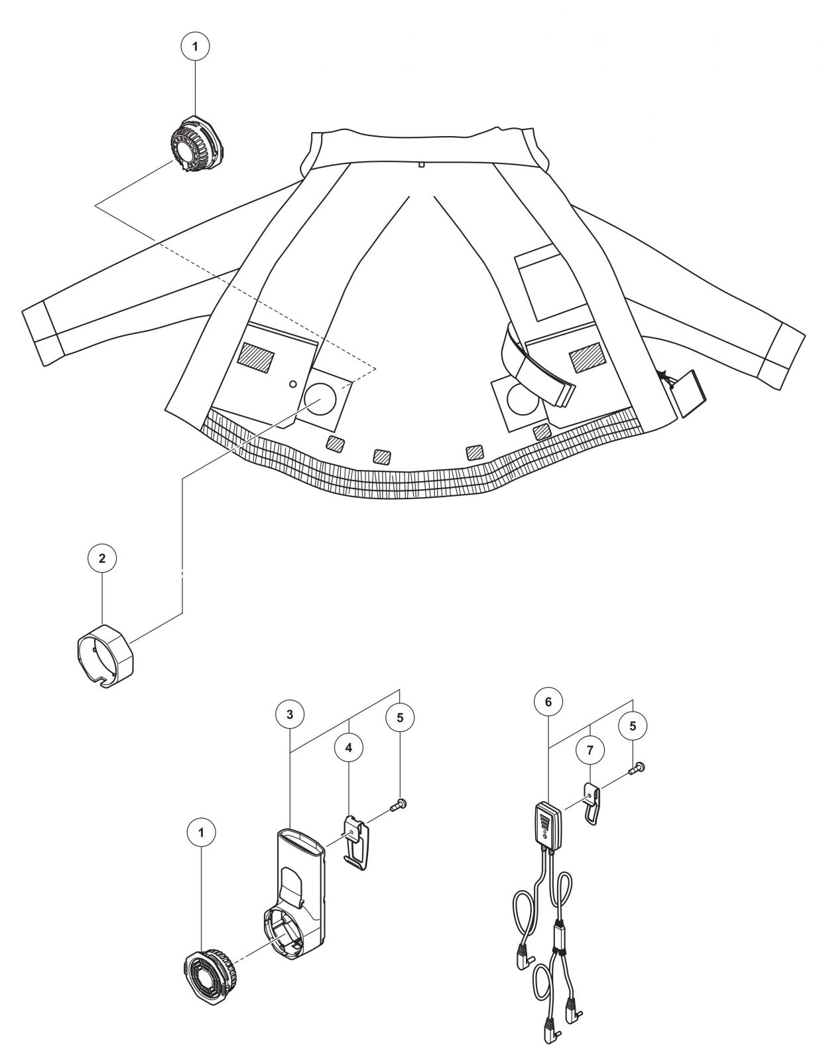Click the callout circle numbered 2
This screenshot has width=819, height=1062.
pos(102,559)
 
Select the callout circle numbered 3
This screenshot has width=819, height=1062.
pos(290,714)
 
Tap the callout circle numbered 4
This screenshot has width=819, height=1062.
pos(349,747)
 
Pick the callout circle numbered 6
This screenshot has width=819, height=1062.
pos(548,702)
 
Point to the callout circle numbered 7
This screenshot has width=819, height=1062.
pos(590,749)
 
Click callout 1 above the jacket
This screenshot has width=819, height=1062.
pos(195,47)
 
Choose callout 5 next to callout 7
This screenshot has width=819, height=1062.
pos(633,726)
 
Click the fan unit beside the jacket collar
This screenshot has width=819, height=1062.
pos(197,143)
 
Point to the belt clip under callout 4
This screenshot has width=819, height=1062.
pos(357,842)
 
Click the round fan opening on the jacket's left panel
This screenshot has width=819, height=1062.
pos(320,399)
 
